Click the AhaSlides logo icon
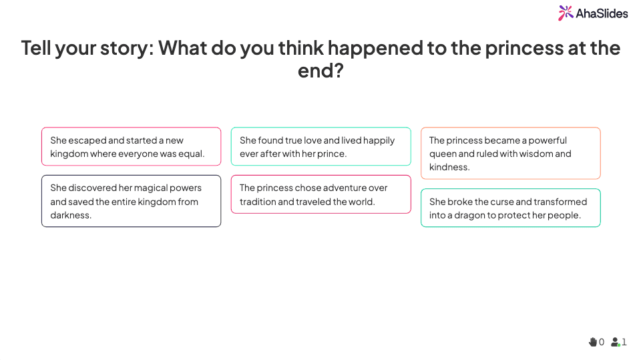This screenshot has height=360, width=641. [x=566, y=13]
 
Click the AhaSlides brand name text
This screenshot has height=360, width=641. [x=602, y=13]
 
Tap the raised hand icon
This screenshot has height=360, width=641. [x=592, y=342]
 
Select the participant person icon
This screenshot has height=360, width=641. [x=615, y=342]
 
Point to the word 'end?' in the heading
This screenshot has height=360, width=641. [x=320, y=70]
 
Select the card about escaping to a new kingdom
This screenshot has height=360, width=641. [x=131, y=146]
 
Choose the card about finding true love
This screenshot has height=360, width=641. [x=320, y=146]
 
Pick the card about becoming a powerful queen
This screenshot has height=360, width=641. [x=510, y=153]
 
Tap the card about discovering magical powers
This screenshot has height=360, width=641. [x=131, y=201]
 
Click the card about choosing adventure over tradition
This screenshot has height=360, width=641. [x=320, y=194]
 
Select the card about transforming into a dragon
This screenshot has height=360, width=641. [x=510, y=208]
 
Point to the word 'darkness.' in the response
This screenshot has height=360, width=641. [x=71, y=215]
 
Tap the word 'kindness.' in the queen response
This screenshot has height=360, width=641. [x=449, y=167]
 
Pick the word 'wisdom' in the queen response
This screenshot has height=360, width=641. [x=535, y=154]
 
